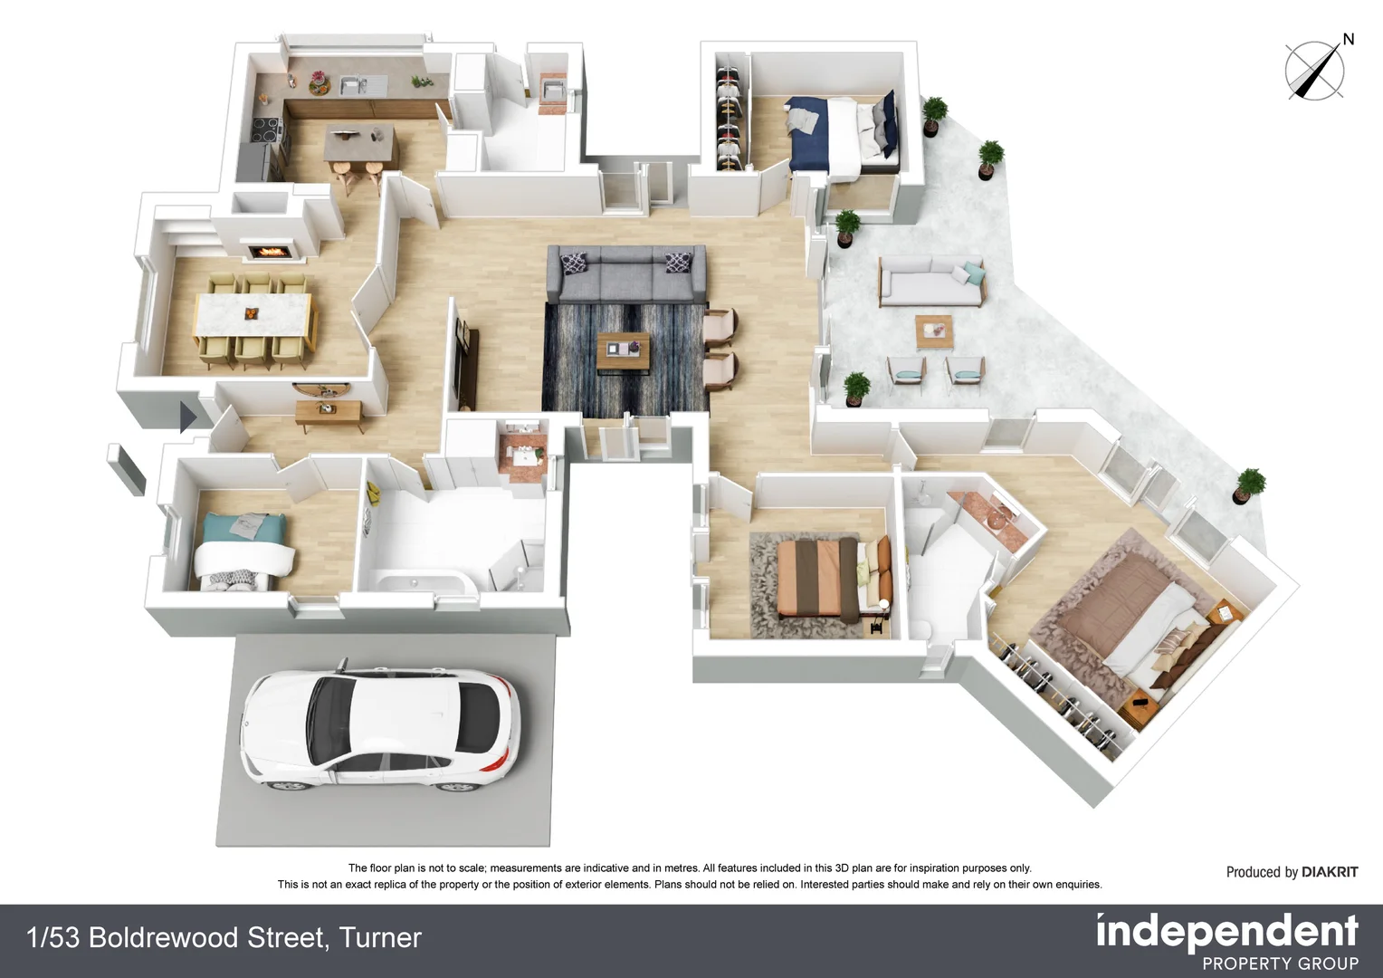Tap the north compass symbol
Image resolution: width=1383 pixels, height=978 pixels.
pyautogui.click(x=1315, y=70)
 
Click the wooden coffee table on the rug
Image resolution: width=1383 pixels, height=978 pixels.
pyautogui.click(x=624, y=349)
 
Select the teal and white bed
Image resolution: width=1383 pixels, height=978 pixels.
pyautogui.click(x=241, y=546)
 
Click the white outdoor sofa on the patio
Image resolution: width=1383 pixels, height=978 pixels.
pyautogui.click(x=930, y=283)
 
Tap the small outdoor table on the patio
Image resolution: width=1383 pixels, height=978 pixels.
pyautogui.click(x=933, y=330)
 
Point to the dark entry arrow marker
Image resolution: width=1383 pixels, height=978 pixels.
pyautogui.click(x=188, y=417)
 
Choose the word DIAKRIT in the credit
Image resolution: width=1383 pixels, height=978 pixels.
pyautogui.click(x=1329, y=872)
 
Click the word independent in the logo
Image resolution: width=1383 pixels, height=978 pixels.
pyautogui.click(x=1226, y=932)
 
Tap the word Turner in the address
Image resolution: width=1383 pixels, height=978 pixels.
pyautogui.click(x=380, y=937)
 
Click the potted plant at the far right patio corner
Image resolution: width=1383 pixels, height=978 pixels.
pyautogui.click(x=1250, y=485)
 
